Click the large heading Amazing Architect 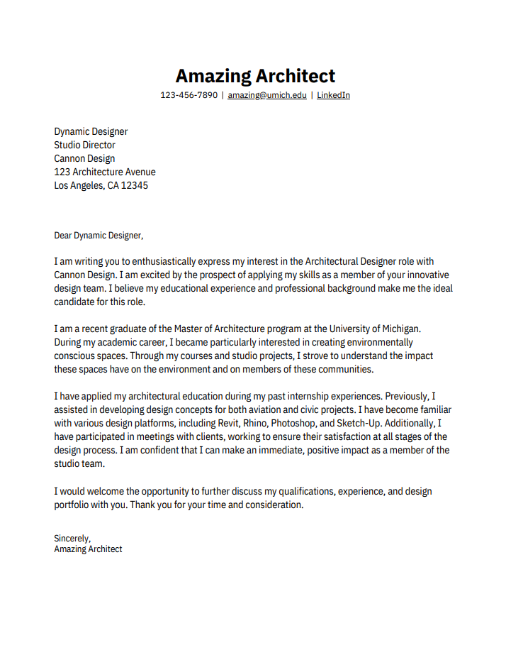(x=255, y=76)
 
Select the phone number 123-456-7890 (x=189, y=95)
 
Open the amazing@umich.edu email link (x=267, y=95)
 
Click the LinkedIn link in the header (x=333, y=95)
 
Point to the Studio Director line (x=84, y=145)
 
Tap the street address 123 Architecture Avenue (x=105, y=172)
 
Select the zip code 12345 (x=135, y=185)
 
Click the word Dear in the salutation (x=63, y=235)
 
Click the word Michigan (x=400, y=329)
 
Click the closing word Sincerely (x=72, y=538)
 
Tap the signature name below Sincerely (x=88, y=549)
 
